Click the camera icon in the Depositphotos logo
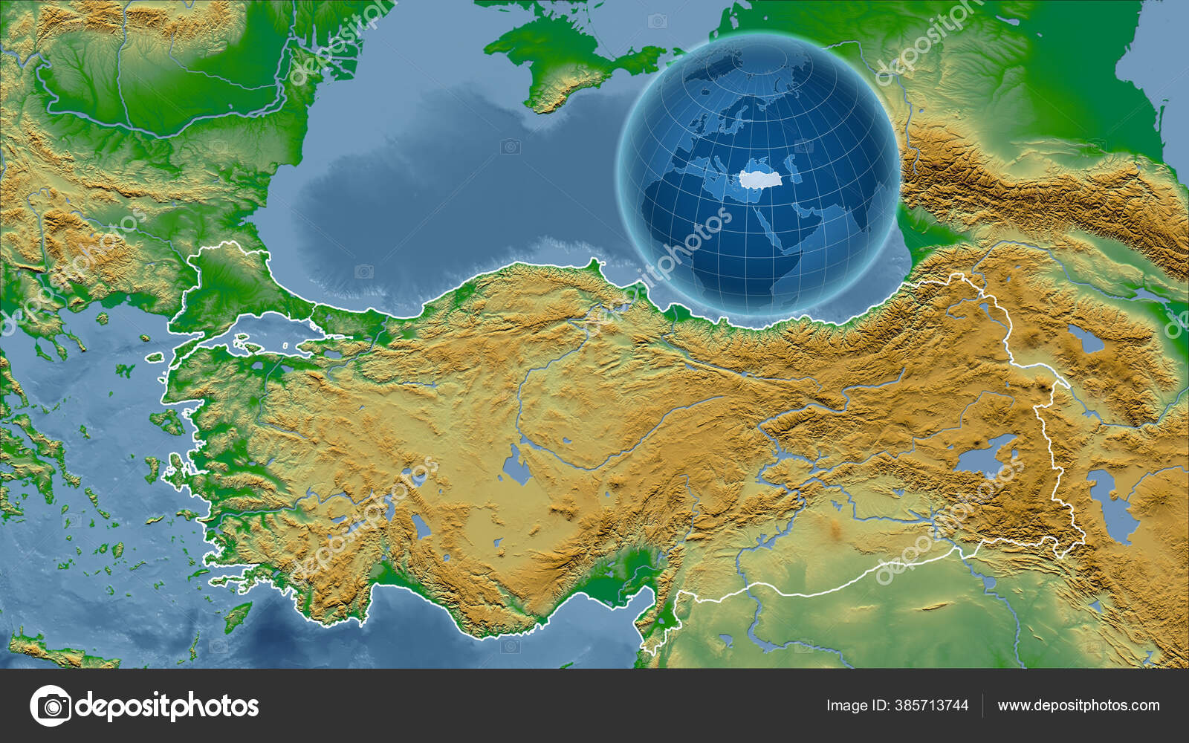coord(51,705)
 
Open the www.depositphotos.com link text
coord(1078,705)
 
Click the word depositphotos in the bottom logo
coord(167,705)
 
